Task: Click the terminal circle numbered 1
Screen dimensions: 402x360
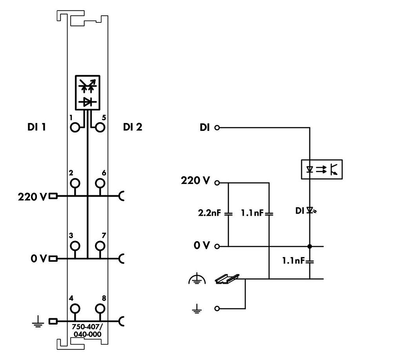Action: pos(75,127)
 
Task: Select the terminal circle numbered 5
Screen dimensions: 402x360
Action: pos(100,127)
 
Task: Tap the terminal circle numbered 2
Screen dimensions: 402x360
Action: pos(75,183)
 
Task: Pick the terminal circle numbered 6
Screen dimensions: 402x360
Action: pos(100,183)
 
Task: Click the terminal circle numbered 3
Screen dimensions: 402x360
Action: pos(75,246)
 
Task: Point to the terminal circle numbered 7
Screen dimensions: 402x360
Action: pos(100,246)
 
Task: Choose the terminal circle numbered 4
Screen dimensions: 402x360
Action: pos(75,309)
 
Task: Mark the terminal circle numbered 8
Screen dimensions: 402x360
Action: pos(100,309)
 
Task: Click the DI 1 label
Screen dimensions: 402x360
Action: pos(37,127)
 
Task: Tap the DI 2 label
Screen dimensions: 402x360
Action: pos(133,127)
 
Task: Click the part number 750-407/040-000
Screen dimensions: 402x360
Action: pos(87,331)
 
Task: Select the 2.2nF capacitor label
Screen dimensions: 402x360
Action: pos(209,213)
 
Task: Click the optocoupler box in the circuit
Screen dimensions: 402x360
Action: pos(322,169)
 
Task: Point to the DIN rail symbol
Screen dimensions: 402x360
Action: pos(227,279)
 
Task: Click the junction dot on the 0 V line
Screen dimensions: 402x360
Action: pos(310,246)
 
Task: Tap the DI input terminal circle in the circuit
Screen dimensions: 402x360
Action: pos(217,127)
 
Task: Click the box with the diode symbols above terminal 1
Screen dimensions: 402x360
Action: pos(88,93)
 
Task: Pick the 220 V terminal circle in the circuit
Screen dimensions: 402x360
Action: pos(217,183)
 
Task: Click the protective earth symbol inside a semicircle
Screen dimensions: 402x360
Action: pos(197,279)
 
